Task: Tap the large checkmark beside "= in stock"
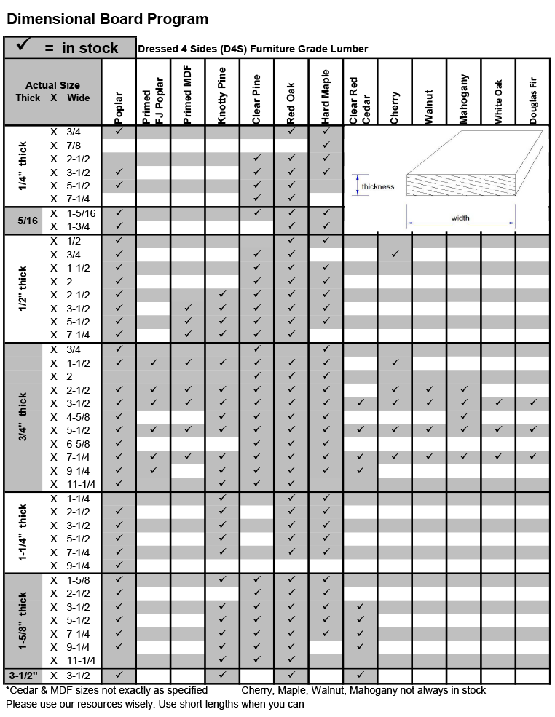(23, 47)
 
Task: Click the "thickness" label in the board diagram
(377, 186)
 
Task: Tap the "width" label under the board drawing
(460, 218)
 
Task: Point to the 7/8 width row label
(74, 146)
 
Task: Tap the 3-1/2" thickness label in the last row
(23, 675)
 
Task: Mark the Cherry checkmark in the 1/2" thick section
(395, 254)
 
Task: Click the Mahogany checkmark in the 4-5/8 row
(464, 416)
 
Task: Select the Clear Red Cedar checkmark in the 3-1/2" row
(361, 674)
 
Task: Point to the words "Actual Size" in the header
(52, 85)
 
